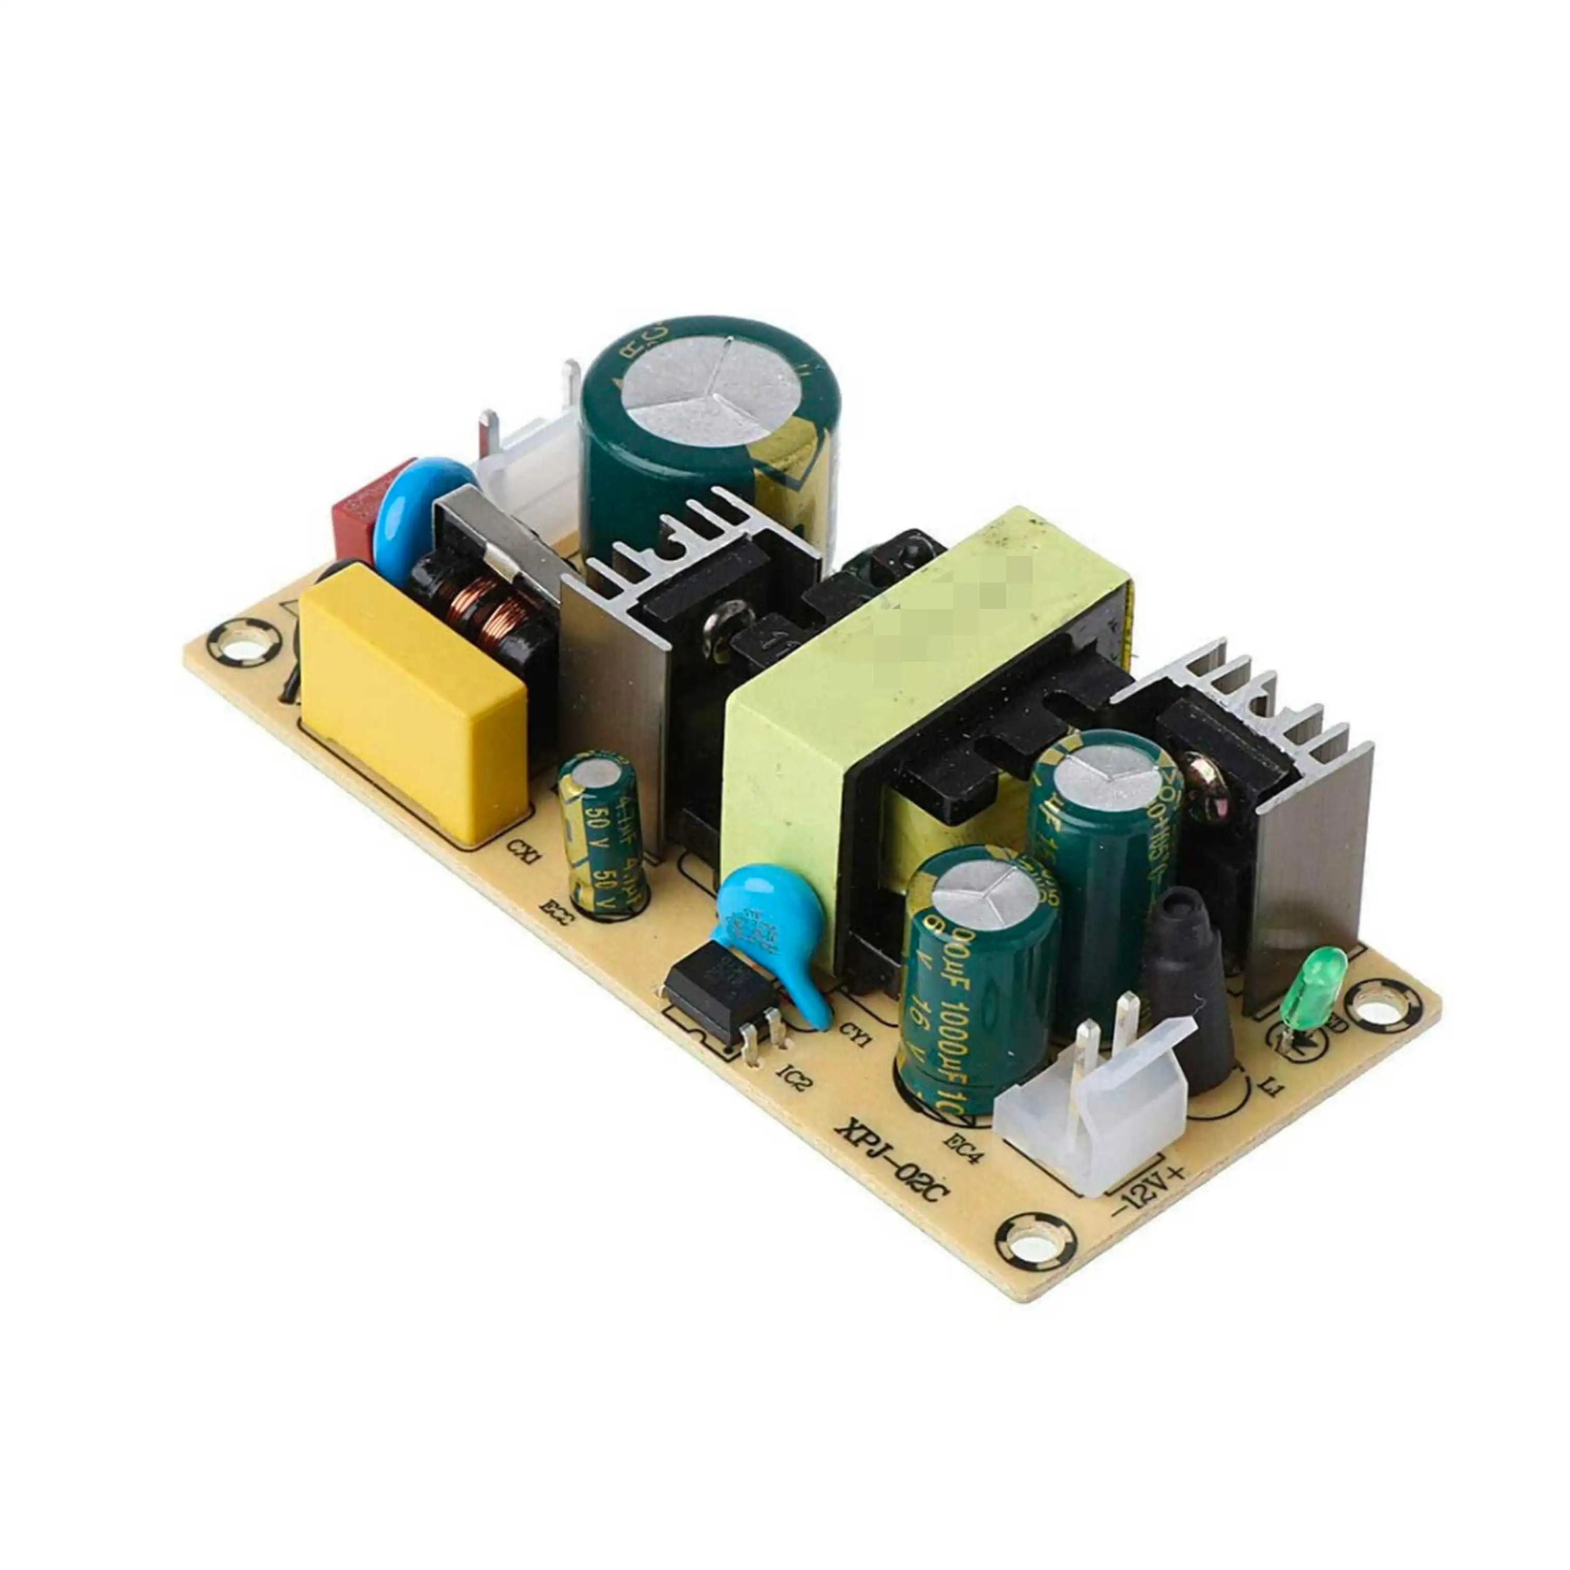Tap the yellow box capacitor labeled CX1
(x=413, y=699)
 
